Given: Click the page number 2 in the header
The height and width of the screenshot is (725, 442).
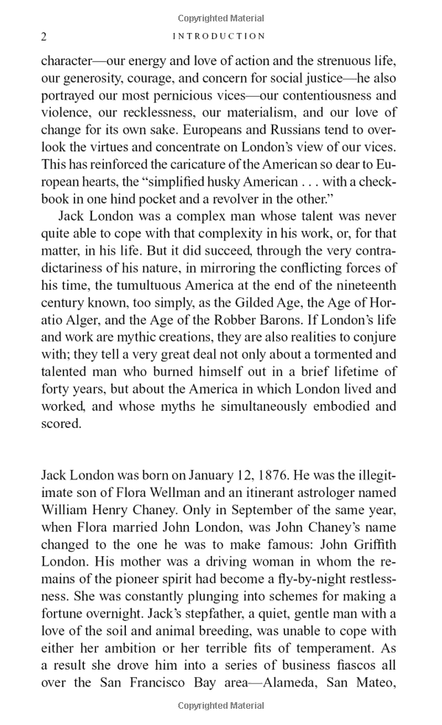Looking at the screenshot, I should click(x=44, y=36).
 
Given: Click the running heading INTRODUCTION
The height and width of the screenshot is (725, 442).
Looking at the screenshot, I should click(x=219, y=36).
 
